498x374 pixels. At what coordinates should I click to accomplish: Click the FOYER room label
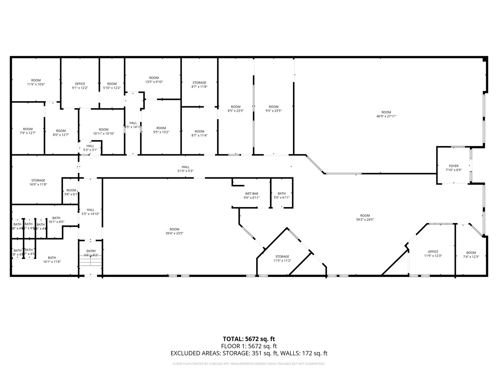click(453, 166)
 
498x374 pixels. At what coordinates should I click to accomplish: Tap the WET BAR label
click(251, 194)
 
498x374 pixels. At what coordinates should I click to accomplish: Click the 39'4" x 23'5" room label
click(174, 231)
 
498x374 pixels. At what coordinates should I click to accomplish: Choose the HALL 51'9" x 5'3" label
click(185, 169)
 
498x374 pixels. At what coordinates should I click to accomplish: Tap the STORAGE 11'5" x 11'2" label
click(282, 259)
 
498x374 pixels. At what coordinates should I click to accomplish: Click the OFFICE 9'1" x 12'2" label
click(80, 86)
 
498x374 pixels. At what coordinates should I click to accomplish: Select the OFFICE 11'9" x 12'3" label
click(433, 254)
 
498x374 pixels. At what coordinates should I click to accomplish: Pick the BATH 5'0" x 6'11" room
click(282, 196)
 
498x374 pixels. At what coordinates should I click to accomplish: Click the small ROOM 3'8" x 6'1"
click(71, 192)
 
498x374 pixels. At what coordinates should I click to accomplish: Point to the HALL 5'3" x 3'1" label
click(90, 148)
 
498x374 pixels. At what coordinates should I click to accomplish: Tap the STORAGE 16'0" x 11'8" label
click(38, 182)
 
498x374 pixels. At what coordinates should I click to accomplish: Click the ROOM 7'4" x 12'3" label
click(471, 255)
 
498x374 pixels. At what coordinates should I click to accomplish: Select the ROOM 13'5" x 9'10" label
click(154, 80)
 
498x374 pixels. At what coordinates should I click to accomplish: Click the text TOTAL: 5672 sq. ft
click(249, 339)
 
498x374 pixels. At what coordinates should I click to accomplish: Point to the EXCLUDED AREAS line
click(249, 354)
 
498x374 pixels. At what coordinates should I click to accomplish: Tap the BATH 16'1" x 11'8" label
click(52, 260)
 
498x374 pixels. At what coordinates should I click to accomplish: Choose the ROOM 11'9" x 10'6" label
click(36, 82)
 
